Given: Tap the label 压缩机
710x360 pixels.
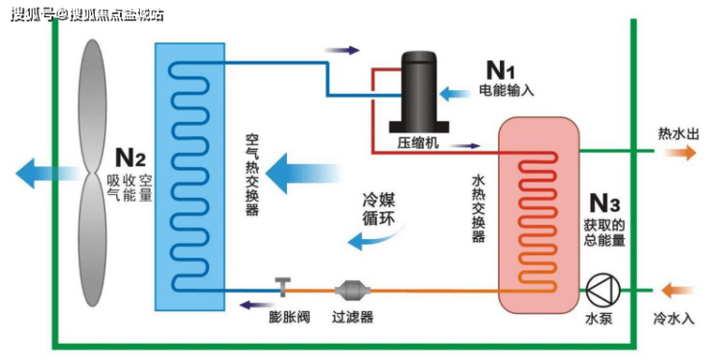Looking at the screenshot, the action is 418,143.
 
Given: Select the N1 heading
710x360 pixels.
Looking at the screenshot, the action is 500,70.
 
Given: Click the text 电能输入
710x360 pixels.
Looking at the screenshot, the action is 507,90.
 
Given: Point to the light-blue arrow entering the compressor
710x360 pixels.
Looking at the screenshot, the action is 455,93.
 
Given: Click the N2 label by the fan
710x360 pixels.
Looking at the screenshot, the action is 130,157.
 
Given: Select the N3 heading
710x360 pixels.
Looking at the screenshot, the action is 604,204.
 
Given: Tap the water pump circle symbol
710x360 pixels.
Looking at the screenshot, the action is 603,290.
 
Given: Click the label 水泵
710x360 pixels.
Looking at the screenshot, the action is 599,318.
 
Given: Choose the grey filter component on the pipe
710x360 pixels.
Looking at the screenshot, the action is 352,290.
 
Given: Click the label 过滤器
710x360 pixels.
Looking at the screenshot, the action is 353,317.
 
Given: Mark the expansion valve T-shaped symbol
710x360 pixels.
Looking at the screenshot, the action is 283,287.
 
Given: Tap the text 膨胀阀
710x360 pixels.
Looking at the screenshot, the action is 290,317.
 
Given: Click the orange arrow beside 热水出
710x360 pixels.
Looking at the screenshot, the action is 680,152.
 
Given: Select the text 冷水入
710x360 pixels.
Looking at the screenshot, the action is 674,319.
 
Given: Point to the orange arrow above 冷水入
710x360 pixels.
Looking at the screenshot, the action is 677,290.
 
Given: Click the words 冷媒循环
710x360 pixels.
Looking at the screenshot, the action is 379,209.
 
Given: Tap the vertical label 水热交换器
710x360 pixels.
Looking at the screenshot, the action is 478,208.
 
